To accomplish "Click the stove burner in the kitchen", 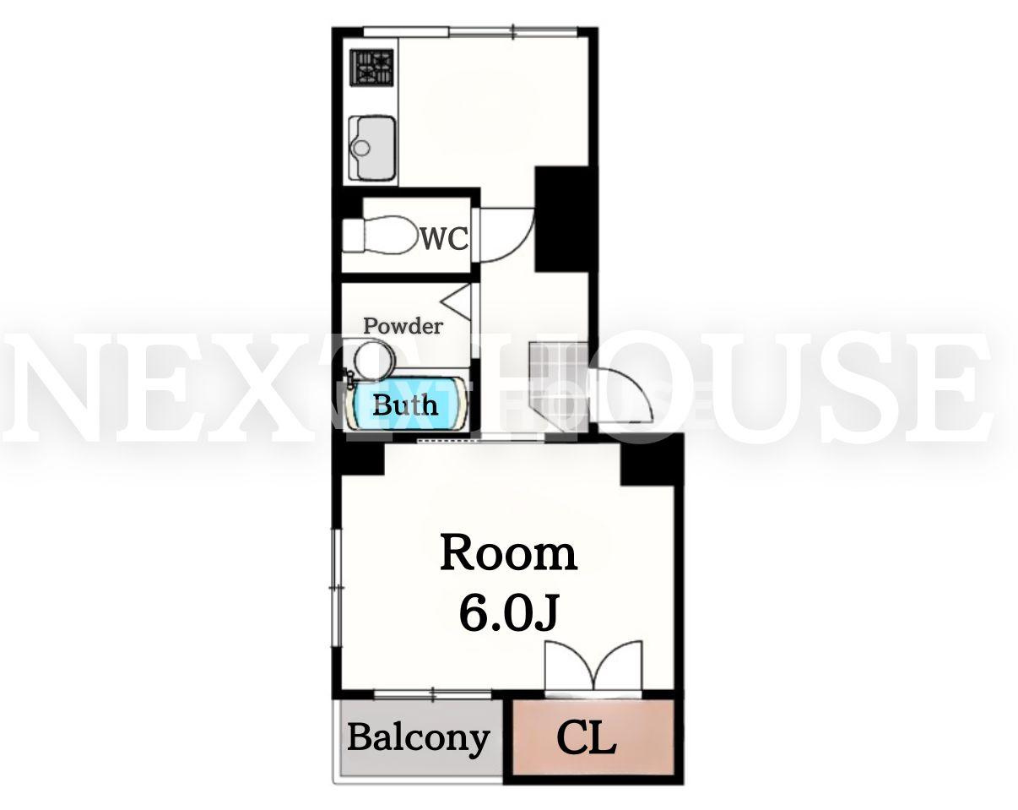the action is coord(371,68).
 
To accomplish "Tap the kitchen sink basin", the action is coord(372,148).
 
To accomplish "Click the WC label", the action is coord(445,238).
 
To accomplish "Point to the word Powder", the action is coord(403,326).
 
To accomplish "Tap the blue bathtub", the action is coord(407,404).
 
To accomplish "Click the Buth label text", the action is coord(405,405).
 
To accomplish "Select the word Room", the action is coord(508,553).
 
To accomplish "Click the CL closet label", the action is coord(587,738).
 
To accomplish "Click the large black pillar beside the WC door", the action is coord(566,219).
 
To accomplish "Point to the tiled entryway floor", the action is coord(558,386).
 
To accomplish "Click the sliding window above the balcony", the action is coord(433,694).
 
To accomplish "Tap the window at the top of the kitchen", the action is coord(470,32).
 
